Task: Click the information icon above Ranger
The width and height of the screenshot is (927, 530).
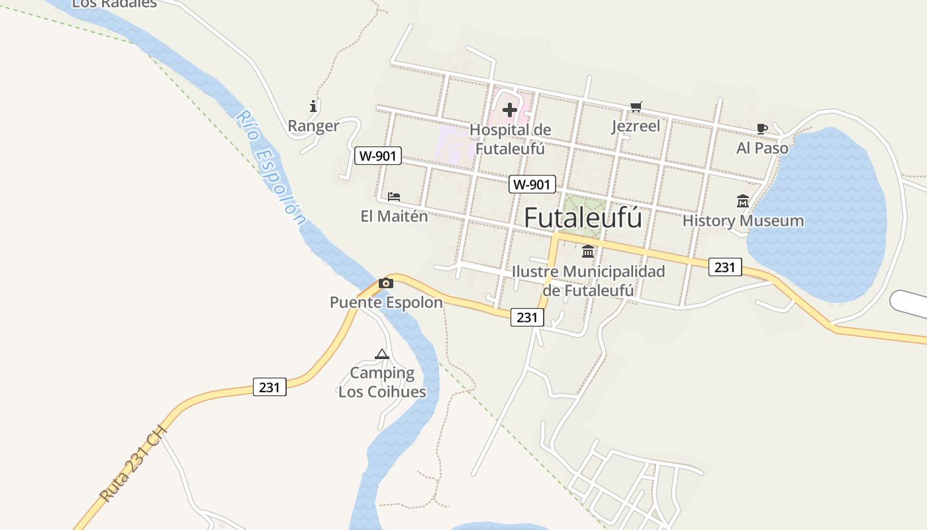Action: [313, 106]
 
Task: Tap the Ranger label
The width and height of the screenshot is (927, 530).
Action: [313, 126]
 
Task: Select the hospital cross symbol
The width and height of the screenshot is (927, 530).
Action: [509, 109]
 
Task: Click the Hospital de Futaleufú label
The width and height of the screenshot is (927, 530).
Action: [510, 139]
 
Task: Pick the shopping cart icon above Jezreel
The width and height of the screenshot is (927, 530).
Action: [636, 107]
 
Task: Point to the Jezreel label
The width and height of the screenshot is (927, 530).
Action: [636, 126]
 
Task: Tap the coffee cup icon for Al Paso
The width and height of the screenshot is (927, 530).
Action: [762, 129]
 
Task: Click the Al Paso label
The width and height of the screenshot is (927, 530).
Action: [762, 148]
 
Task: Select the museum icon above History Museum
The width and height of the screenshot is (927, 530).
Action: [743, 201]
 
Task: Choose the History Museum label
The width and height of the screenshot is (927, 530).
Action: [743, 221]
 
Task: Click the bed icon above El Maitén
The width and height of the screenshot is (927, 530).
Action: [394, 197]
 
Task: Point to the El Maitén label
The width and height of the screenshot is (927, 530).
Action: [394, 216]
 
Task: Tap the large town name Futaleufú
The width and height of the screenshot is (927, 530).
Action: [583, 217]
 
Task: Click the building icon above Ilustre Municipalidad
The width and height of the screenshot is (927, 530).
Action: [588, 252]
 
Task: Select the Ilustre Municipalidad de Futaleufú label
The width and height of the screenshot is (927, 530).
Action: [588, 281]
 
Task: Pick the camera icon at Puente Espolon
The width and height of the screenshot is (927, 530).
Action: [385, 284]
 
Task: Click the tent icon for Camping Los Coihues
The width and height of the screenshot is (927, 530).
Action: [381, 354]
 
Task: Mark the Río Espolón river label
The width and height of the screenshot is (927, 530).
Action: [272, 168]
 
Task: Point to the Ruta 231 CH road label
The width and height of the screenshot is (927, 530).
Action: [133, 463]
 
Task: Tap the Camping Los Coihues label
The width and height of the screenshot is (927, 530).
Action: [382, 382]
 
